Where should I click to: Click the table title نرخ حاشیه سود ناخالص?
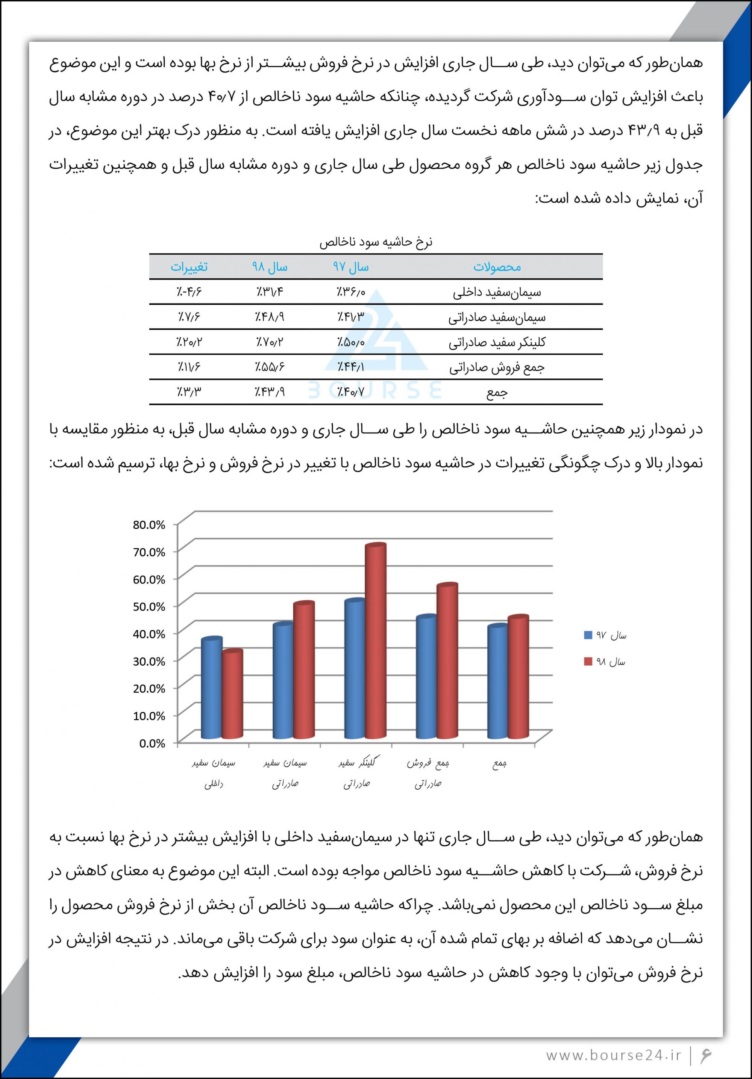[376, 242]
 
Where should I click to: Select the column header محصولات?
[497, 267]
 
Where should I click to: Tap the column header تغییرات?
[189, 267]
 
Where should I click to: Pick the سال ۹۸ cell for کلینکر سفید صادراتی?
[270, 342]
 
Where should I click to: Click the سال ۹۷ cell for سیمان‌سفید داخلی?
[351, 292]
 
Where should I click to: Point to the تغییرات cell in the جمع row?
[189, 391]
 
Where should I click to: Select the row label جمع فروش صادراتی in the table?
[497, 367]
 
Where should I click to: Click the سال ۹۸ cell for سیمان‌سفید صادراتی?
[270, 317]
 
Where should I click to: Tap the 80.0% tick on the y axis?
[149, 525]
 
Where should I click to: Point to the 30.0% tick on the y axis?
[149, 661]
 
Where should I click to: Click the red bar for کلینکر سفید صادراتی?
[375, 644]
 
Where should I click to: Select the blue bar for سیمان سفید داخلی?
[211, 691]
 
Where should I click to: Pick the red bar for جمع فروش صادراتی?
[447, 663]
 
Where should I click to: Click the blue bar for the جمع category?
[497, 684]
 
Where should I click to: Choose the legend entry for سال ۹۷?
[605, 635]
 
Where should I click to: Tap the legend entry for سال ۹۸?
[605, 662]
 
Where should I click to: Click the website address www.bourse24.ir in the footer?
[613, 1055]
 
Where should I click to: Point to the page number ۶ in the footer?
[706, 1055]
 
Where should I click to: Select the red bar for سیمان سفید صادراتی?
[304, 672]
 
